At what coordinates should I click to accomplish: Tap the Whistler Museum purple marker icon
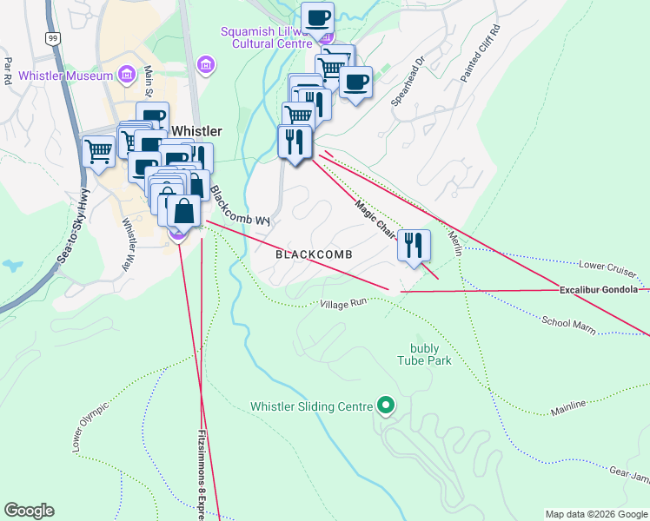pyautogui.click(x=127, y=75)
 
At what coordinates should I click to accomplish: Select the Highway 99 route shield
pyautogui.click(x=54, y=38)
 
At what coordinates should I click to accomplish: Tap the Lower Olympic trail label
pyautogui.click(x=90, y=427)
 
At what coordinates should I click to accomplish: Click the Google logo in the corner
pyautogui.click(x=29, y=511)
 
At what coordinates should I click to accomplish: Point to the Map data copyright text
pyautogui.click(x=596, y=514)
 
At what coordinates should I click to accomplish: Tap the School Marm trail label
pyautogui.click(x=567, y=324)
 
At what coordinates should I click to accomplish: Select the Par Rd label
pyautogui.click(x=8, y=69)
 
